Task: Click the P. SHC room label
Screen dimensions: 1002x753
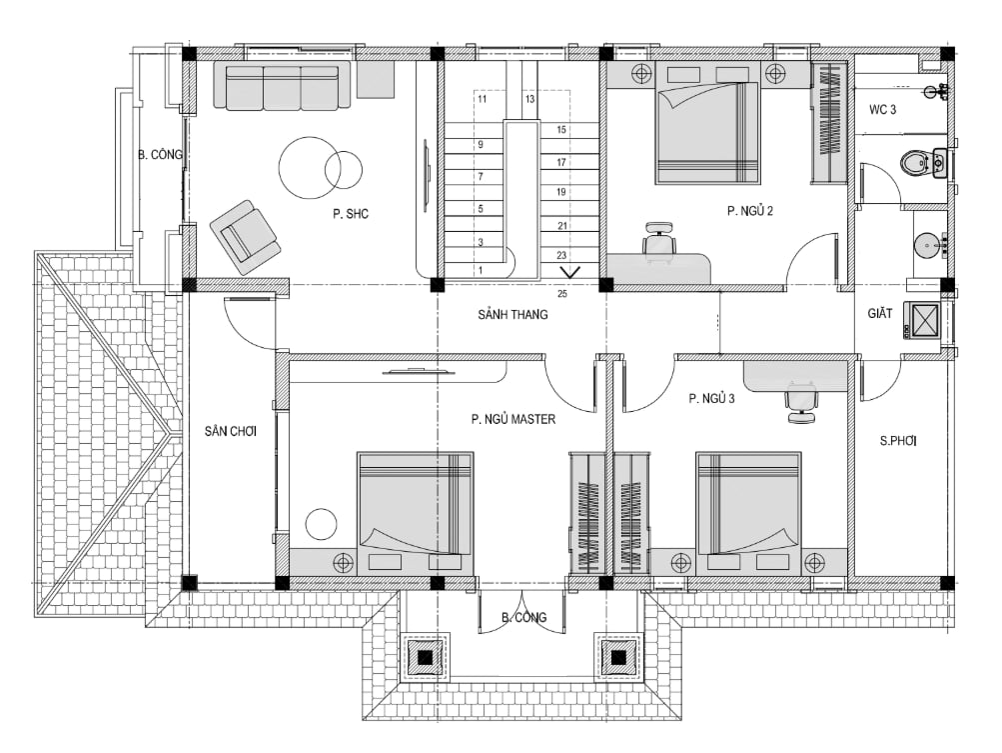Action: (x=351, y=214)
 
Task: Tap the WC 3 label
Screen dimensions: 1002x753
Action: (x=882, y=109)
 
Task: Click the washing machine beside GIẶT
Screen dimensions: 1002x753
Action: (x=922, y=320)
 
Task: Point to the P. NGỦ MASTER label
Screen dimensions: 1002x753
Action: (x=513, y=419)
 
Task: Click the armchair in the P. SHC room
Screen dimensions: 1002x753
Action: (x=245, y=237)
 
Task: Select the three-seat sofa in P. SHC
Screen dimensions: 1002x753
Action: (x=281, y=85)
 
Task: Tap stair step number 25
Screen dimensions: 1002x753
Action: (x=562, y=294)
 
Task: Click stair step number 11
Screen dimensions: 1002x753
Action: (x=482, y=99)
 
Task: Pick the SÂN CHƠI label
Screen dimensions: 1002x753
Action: (x=231, y=431)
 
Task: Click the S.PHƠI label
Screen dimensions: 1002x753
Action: (x=898, y=440)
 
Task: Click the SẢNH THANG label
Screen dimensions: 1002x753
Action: (x=512, y=314)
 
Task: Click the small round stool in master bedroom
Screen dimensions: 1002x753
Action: (x=321, y=524)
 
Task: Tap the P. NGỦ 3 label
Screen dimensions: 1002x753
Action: (x=711, y=398)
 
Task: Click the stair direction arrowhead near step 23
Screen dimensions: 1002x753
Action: (x=570, y=272)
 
